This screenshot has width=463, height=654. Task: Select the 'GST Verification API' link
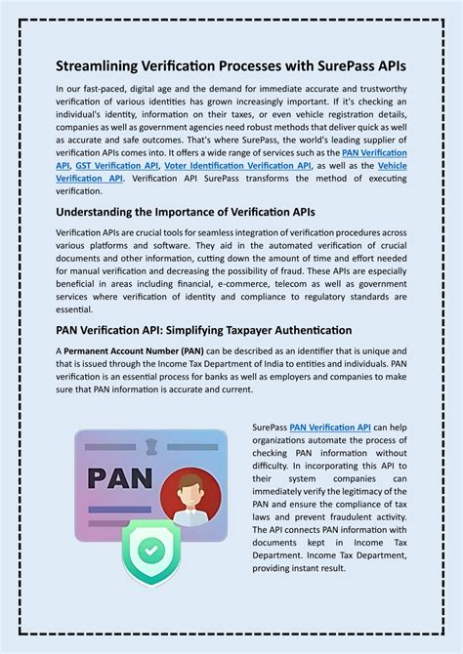[118, 167]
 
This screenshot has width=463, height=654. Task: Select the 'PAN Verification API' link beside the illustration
[330, 427]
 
